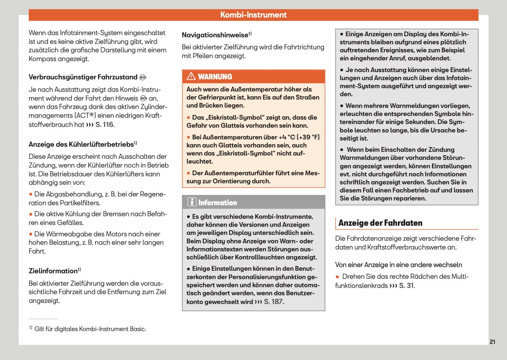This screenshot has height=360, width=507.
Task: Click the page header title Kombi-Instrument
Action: click(x=253, y=15)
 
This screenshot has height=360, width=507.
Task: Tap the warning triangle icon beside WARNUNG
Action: click(x=191, y=76)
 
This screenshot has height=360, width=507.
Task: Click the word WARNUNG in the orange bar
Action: click(x=215, y=77)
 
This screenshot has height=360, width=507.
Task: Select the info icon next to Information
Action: click(x=192, y=202)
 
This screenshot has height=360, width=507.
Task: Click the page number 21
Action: click(x=492, y=342)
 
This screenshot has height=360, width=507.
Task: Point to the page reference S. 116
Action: click(x=104, y=125)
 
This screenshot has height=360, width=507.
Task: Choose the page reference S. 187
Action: click(x=273, y=302)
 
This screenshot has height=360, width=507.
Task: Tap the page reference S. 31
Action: click(x=406, y=286)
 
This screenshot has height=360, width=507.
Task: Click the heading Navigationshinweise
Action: click(x=215, y=35)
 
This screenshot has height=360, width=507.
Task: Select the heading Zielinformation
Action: click(x=53, y=271)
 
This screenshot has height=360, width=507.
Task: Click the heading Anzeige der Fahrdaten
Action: click(x=380, y=223)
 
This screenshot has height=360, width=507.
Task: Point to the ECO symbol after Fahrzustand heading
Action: click(x=143, y=77)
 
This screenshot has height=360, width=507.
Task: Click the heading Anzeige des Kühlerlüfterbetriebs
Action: click(x=81, y=145)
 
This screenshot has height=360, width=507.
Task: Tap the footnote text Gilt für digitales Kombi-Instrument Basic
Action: click(x=90, y=329)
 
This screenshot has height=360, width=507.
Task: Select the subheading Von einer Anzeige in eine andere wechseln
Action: click(x=398, y=265)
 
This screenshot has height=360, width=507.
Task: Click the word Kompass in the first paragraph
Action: click(x=42, y=59)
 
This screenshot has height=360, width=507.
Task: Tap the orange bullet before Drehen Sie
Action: click(x=338, y=277)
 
